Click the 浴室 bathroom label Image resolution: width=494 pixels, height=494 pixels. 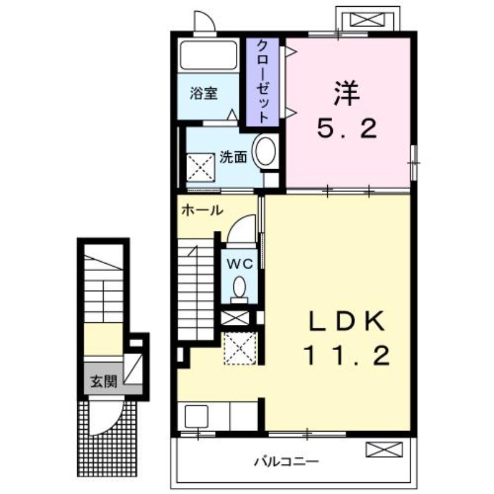point(204,93)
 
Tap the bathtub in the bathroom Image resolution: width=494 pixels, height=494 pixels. point(208,55)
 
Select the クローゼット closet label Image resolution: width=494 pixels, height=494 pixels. point(262,82)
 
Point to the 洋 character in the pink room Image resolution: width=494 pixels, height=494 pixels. point(347,93)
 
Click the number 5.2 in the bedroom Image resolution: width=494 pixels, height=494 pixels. point(347,129)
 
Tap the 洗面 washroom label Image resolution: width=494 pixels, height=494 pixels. point(233,157)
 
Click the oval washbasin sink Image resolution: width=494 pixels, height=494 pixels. point(266,151)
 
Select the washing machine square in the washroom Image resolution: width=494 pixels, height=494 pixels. point(201,167)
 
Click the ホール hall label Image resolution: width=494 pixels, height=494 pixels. point(203,210)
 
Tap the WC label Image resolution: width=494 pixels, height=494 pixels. point(240,264)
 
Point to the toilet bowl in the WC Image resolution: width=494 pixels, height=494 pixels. point(240,287)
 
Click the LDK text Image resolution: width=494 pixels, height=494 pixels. point(346,321)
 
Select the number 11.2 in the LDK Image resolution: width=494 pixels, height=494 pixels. point(347,356)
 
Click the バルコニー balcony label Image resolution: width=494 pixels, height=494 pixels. point(287,462)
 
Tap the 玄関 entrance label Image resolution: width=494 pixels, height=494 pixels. point(104,382)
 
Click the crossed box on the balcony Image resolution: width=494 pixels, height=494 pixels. point(384,450)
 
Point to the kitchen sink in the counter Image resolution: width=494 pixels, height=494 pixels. point(196,416)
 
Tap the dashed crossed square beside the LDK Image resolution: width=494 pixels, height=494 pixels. point(240,348)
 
